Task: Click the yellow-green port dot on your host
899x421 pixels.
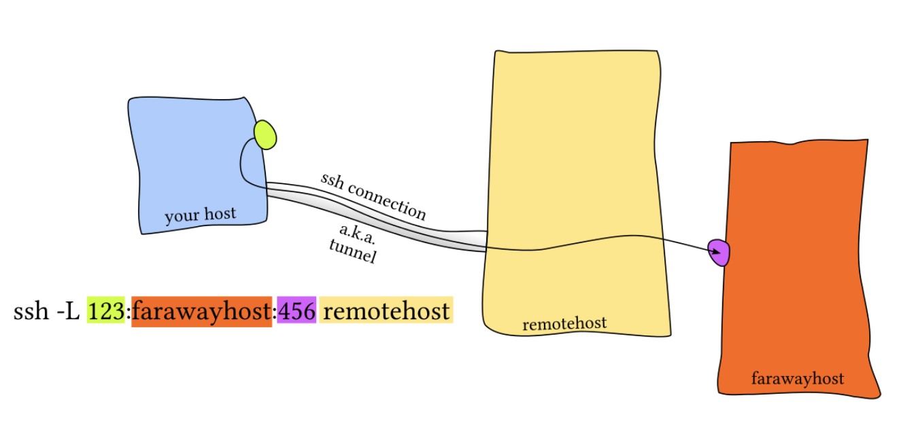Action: click(265, 134)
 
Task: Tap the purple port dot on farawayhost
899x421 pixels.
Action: click(719, 253)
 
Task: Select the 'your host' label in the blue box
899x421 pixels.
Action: click(200, 215)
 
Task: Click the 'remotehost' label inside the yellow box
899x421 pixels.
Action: click(564, 324)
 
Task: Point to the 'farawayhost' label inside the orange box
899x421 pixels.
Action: click(798, 378)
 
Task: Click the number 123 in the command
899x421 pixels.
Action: click(105, 312)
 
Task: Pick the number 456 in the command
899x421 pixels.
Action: click(296, 312)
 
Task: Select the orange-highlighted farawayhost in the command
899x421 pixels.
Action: click(201, 312)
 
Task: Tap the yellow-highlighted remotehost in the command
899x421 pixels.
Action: click(386, 312)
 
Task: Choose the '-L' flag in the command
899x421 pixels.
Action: click(69, 312)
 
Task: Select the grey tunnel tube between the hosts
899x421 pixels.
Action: click(381, 219)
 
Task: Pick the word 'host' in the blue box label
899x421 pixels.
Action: click(219, 214)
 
